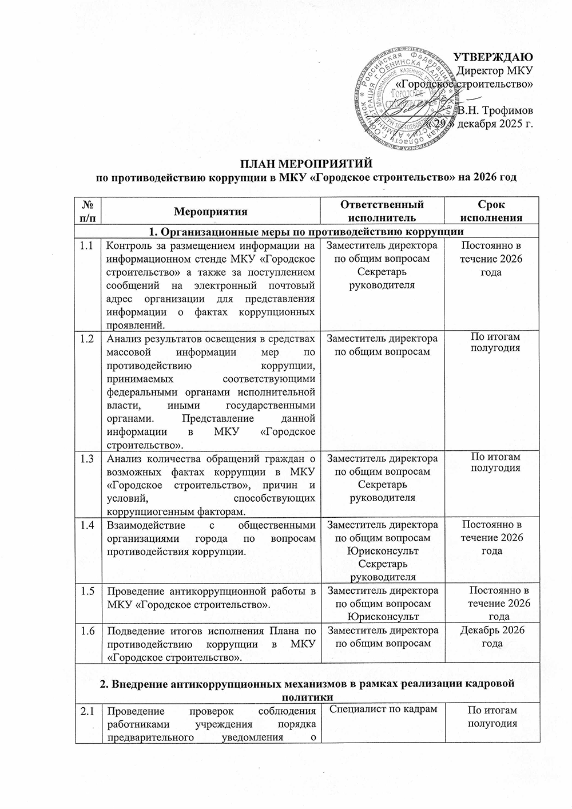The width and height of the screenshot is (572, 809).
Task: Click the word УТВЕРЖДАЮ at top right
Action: point(493,57)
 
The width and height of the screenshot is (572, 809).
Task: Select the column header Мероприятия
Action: point(211,211)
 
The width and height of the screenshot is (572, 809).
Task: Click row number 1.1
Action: point(87,246)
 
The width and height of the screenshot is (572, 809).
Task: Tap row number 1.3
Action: point(87,458)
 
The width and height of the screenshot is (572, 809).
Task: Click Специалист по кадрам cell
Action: point(382,710)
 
